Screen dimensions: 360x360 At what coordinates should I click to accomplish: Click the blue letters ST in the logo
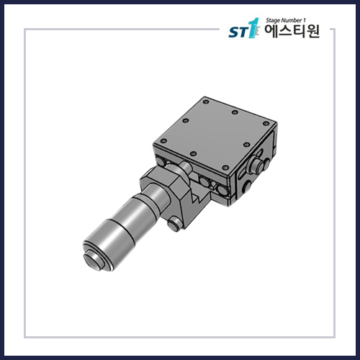point(237,32)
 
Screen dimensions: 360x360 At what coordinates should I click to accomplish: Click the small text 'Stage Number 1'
point(285,22)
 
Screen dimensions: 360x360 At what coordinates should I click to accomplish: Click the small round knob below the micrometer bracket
point(174,225)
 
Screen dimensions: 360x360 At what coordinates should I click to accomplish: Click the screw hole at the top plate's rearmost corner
point(234,113)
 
